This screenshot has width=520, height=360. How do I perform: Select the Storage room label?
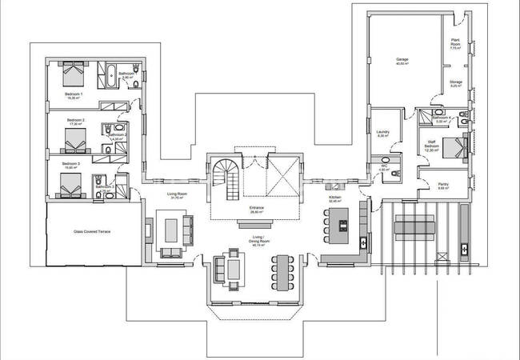tap(455, 82)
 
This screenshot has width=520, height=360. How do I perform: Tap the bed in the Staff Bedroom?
tap(455, 147)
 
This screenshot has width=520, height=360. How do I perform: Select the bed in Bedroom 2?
tap(74, 142)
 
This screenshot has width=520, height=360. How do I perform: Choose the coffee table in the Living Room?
tap(171, 229)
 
